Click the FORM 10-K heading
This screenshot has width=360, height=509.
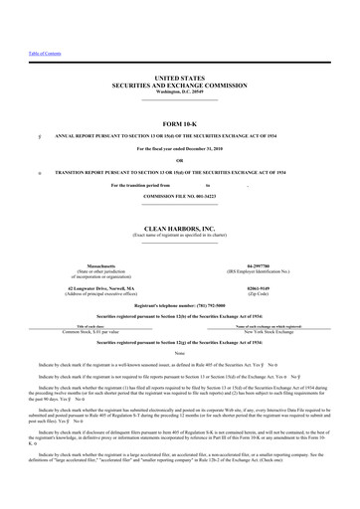coord(179,122)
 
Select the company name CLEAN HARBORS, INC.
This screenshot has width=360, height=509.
coord(179,201)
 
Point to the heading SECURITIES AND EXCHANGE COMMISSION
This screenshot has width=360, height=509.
coord(179,83)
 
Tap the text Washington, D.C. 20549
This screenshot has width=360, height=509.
coord(179,90)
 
